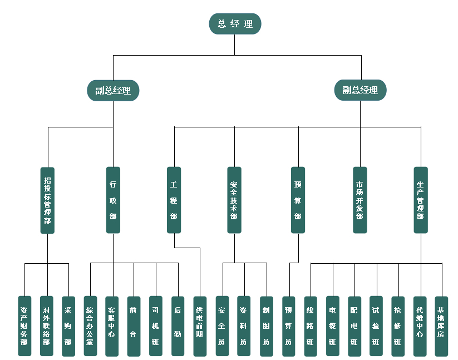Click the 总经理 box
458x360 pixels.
click(235, 24)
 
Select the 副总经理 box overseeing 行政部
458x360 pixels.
click(113, 90)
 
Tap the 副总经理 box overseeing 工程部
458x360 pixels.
click(360, 90)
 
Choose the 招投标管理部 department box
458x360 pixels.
click(47, 200)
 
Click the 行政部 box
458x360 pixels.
click(113, 200)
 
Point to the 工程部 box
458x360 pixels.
click(174, 200)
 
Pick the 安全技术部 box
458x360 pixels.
click(234, 200)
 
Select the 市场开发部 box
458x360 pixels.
click(360, 200)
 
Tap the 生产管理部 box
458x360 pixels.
click(421, 200)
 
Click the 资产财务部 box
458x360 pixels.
click(24, 326)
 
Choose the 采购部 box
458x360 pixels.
click(68, 326)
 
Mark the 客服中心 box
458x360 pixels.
click(112, 326)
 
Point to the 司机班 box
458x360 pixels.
click(156, 326)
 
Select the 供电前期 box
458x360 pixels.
click(200, 326)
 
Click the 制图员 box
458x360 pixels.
click(266, 326)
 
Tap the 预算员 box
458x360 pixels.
click(288, 326)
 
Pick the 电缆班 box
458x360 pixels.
click(332, 326)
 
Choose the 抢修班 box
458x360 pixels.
click(398, 326)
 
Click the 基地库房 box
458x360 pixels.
click(441, 326)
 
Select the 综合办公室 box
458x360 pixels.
click(90, 326)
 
